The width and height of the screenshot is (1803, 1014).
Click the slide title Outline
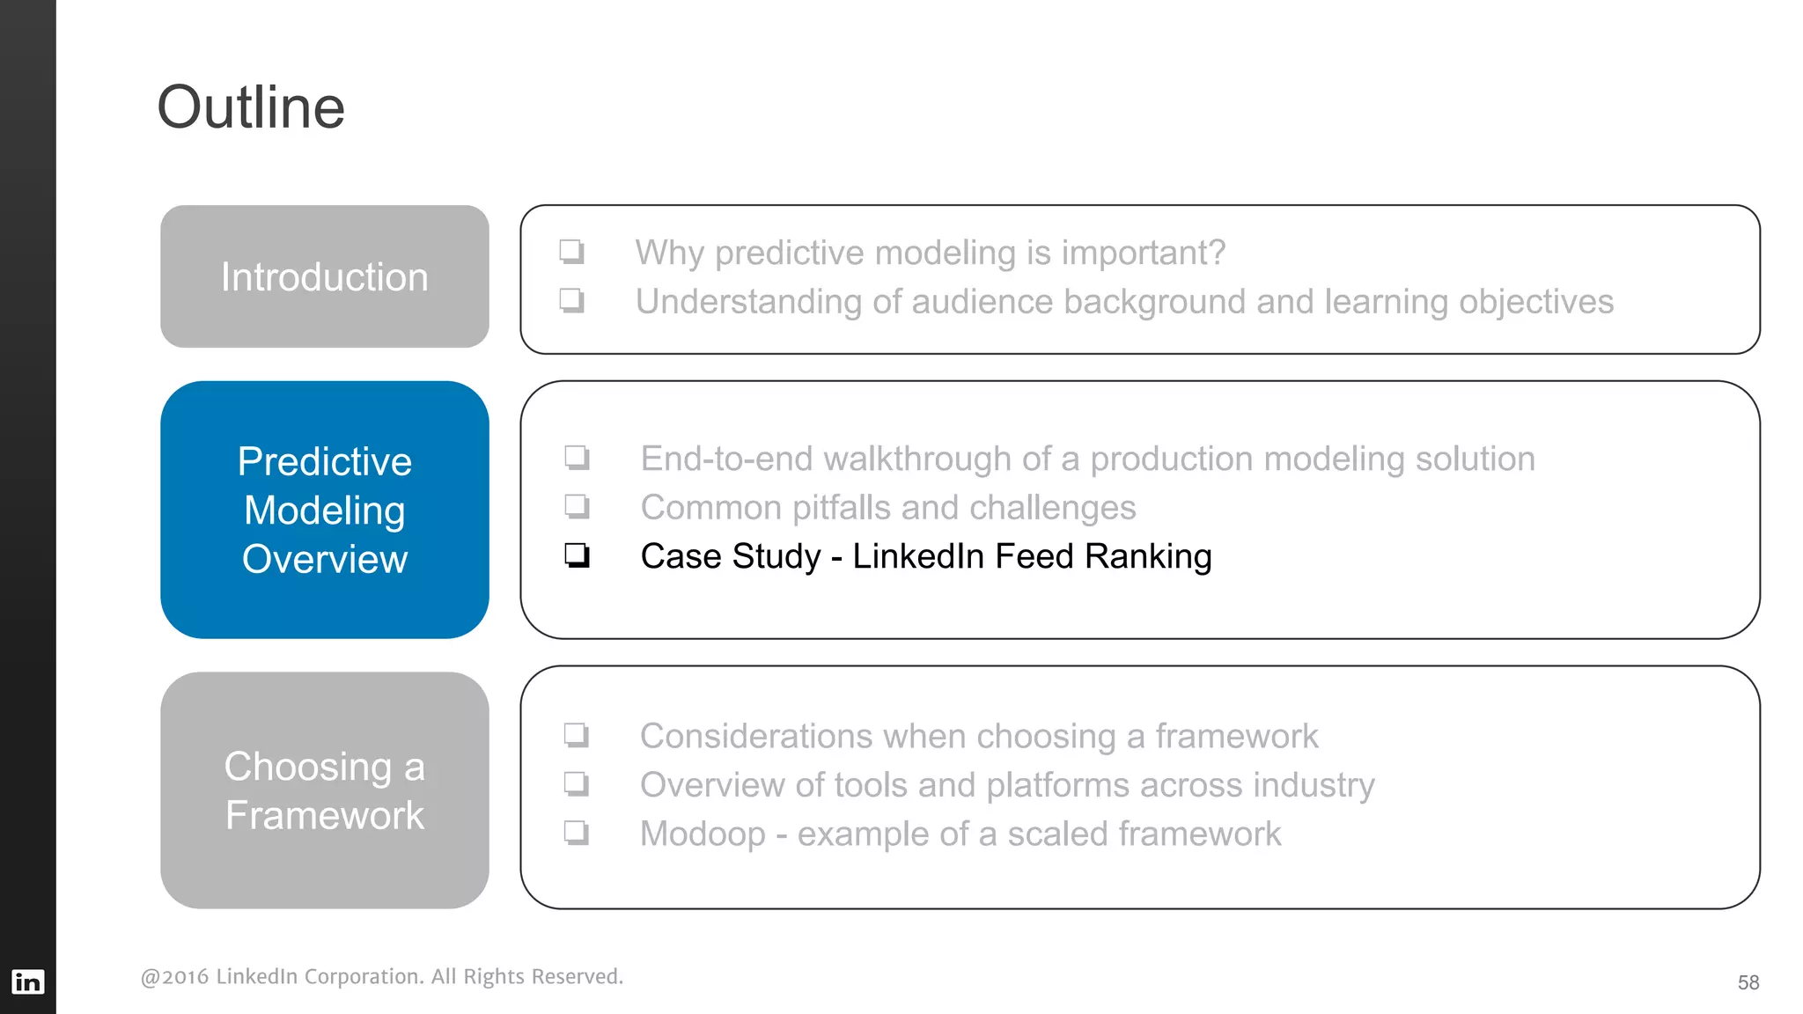coord(251,107)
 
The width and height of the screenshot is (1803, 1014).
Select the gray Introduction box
coord(324,276)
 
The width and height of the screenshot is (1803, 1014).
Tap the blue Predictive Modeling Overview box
coord(324,510)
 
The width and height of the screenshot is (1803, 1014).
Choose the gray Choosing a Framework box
coord(324,790)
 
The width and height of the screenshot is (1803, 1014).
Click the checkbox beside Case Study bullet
coord(577,555)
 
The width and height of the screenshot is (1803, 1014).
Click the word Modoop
coord(703,834)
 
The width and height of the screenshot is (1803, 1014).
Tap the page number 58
coord(1748,982)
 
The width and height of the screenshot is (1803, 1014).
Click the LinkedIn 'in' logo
coord(27,981)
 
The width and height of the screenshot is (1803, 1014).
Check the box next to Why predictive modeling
coord(571,252)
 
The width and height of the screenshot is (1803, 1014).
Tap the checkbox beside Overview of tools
coord(576,783)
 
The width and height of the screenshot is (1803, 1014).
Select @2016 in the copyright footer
coord(175,977)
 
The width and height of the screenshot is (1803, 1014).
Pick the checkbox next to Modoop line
coord(576,833)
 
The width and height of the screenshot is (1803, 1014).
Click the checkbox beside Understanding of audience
coord(571,300)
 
